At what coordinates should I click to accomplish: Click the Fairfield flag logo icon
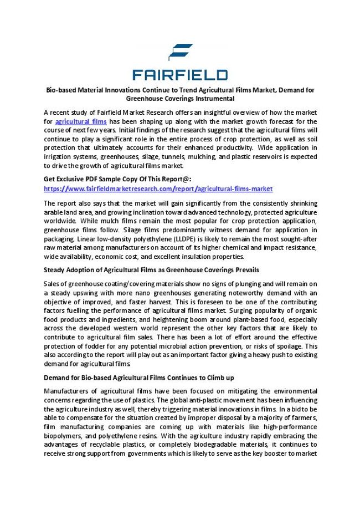pos(181,52)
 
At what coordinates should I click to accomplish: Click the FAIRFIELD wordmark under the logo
pos(180,75)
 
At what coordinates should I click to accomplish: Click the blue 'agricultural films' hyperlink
pos(81,121)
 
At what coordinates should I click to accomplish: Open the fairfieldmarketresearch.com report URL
pos(158,188)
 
